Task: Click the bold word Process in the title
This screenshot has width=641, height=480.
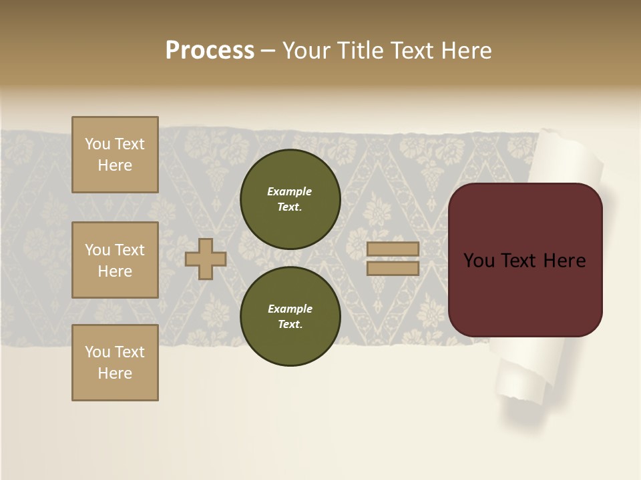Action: click(x=210, y=51)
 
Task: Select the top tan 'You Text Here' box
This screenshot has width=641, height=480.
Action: click(x=115, y=155)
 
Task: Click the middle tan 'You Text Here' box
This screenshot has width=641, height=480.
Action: click(x=115, y=260)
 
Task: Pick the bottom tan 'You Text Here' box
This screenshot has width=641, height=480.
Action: click(x=115, y=363)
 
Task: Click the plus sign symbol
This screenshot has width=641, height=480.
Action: click(x=206, y=259)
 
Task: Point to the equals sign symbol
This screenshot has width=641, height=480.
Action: click(x=393, y=259)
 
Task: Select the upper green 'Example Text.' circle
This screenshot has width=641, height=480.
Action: click(x=290, y=199)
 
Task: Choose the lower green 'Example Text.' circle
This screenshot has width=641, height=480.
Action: click(x=290, y=316)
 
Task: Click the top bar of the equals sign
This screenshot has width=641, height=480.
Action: click(x=393, y=249)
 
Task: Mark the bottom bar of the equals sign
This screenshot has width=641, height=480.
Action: click(x=393, y=268)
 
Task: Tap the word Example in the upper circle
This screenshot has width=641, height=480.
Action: click(x=290, y=191)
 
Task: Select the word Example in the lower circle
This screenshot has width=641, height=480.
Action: click(x=290, y=309)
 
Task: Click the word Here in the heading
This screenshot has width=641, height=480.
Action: click(x=465, y=51)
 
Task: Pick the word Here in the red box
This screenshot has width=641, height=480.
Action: click(x=565, y=261)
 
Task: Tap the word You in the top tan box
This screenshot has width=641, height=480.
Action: click(x=97, y=144)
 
